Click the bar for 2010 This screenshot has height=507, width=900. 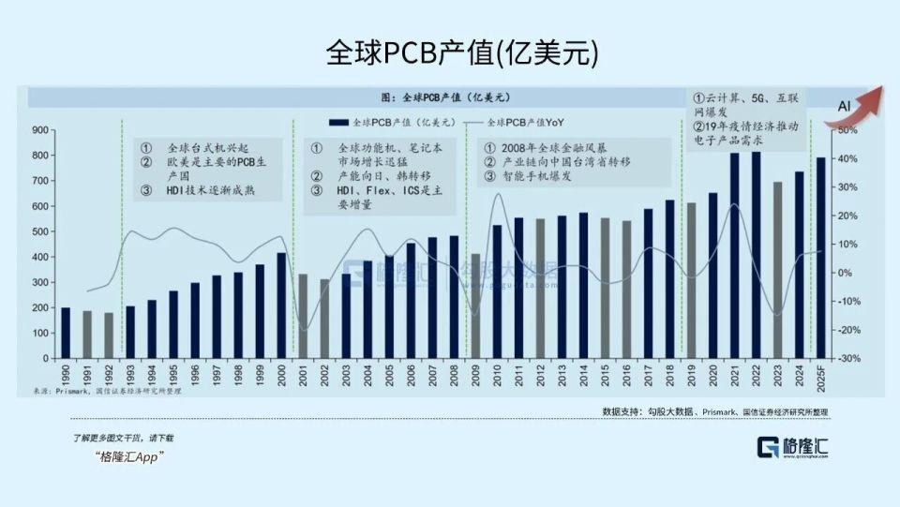click(x=497, y=291)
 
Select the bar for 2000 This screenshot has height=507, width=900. click(x=281, y=306)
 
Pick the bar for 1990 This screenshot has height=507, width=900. click(x=66, y=333)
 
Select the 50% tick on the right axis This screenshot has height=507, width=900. click(x=846, y=130)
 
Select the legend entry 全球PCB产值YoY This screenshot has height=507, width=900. click(x=526, y=122)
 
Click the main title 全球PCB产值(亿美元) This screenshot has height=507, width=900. click(x=449, y=52)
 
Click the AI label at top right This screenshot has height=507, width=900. click(x=844, y=109)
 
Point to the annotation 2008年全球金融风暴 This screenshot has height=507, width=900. click(x=548, y=148)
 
